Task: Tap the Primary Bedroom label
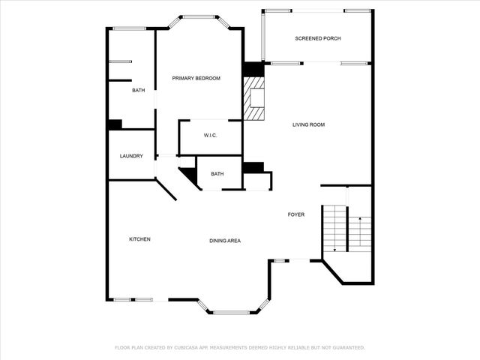pyautogui.click(x=196, y=78)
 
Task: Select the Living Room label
pyautogui.click(x=308, y=124)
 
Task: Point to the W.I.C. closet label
pyautogui.click(x=210, y=135)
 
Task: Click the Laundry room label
pyautogui.click(x=131, y=156)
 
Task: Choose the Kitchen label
pyautogui.click(x=139, y=239)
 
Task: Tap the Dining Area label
pyautogui.click(x=224, y=241)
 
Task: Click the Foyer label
pyautogui.click(x=296, y=214)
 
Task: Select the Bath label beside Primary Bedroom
pyautogui.click(x=139, y=91)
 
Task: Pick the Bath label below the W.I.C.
pyautogui.click(x=217, y=174)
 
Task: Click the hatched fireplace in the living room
pyautogui.click(x=254, y=97)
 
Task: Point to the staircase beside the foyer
pyautogui.click(x=346, y=229)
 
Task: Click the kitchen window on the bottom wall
pyautogui.click(x=133, y=300)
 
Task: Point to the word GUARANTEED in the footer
pyautogui.click(x=347, y=348)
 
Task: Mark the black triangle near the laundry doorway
pyautogui.click(x=188, y=177)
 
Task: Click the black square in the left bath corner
pyautogui.click(x=115, y=124)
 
